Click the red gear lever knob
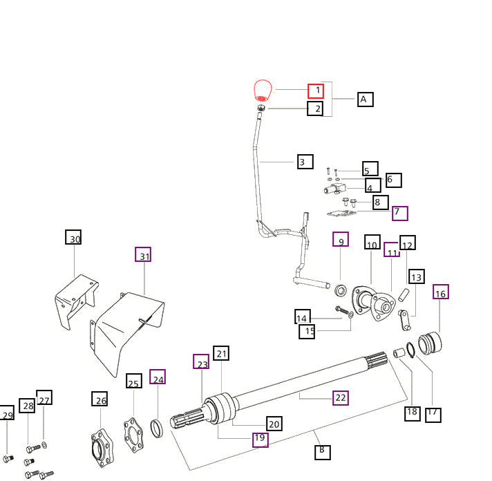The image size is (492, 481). [263, 91]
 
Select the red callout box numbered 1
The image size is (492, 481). [316, 90]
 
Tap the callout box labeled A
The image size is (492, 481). [365, 99]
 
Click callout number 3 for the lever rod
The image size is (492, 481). [305, 162]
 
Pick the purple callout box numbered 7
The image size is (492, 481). [400, 213]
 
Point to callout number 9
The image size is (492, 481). [340, 240]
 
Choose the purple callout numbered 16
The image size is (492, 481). [441, 292]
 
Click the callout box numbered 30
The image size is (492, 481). [74, 239]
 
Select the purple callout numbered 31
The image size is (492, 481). [143, 255]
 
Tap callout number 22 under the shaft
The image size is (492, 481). [340, 397]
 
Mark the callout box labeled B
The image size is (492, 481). [322, 452]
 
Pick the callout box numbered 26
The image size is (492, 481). [100, 399]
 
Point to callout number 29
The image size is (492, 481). [6, 415]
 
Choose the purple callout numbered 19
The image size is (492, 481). [259, 438]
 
